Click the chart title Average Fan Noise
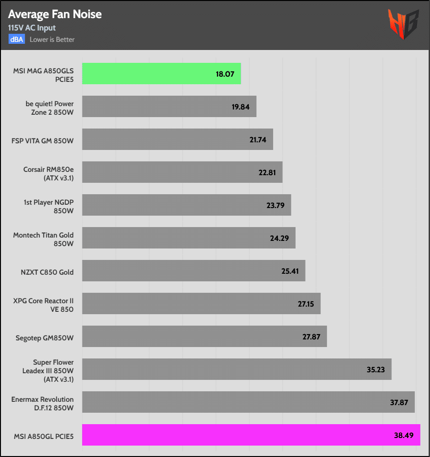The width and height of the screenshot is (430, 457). tap(55, 14)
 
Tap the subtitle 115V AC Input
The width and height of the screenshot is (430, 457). tap(32, 28)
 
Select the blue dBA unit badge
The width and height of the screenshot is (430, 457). tap(16, 39)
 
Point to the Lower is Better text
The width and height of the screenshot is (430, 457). tap(52, 40)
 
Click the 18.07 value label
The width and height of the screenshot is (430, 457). tap(225, 74)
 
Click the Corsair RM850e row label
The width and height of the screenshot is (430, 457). tap(49, 172)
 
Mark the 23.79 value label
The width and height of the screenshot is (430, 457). tap(276, 205)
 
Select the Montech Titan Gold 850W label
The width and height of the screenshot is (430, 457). tap(43, 238)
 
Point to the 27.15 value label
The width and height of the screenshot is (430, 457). tap(306, 304)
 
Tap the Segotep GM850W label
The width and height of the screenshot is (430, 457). tap(45, 337)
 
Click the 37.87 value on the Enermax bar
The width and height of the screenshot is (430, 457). tap(399, 402)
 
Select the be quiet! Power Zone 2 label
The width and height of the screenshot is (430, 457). tap(50, 107)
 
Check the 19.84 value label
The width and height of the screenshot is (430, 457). tap(241, 107)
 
